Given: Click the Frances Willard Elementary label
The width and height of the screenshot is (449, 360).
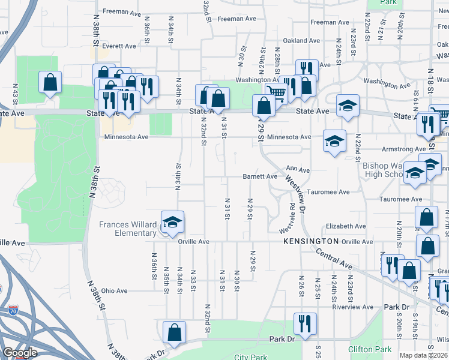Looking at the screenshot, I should coord(128,229).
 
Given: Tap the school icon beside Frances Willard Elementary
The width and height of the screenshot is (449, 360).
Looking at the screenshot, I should coord(172,223).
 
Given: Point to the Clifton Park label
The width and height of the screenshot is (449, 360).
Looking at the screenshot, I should coord(370,349).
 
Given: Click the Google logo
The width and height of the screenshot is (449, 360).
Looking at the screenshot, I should coord(20,353).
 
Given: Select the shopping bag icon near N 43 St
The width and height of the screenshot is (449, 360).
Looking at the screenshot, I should coord(50,82).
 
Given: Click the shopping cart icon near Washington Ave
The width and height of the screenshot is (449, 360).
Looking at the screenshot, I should coord(276,92).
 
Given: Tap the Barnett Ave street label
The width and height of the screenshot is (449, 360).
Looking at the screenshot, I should coord(260,176).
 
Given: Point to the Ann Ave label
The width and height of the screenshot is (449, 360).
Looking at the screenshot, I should coord(298,170).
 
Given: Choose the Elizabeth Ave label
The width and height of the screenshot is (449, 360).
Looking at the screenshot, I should coord(346,226).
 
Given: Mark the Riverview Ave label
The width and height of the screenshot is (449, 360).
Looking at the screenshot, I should coord(354,307).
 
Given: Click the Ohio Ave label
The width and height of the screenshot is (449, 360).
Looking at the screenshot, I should coord(114,291).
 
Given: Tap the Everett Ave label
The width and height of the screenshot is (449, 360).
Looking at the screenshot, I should coord(119,46).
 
